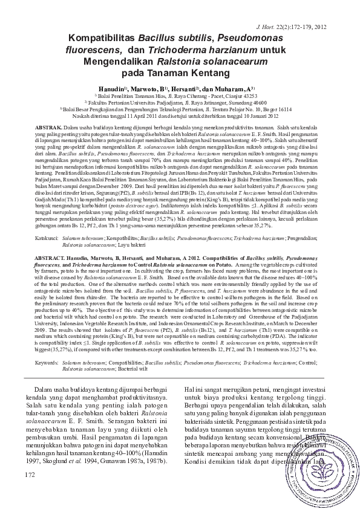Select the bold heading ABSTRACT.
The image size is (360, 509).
point(50,258)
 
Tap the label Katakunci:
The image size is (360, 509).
point(46,239)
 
